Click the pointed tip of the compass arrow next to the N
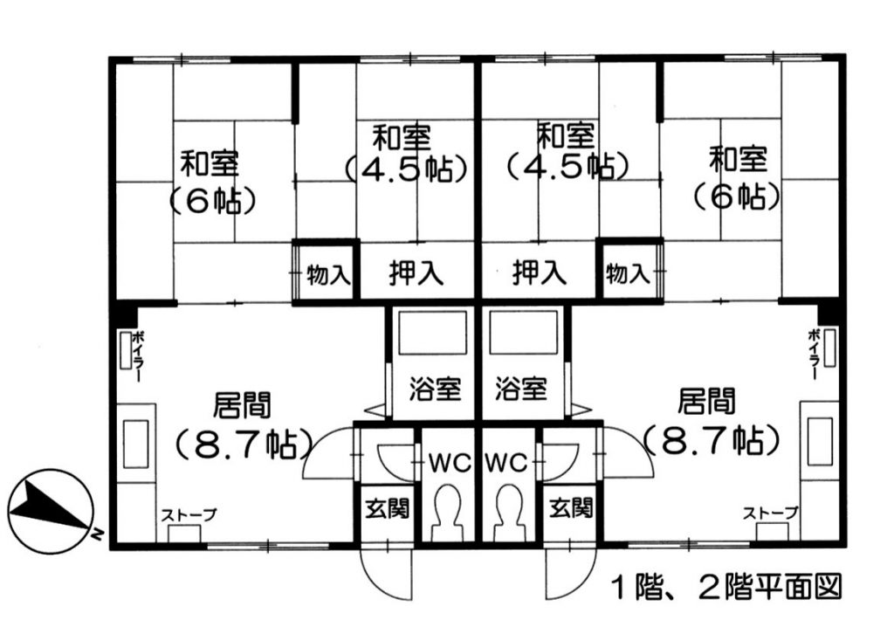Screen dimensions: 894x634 (88, 526)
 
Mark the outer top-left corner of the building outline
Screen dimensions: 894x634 (109, 57)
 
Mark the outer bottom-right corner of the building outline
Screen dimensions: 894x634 (846, 549)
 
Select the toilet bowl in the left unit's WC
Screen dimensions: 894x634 (448, 513)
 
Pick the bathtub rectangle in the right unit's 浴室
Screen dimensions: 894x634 (522, 333)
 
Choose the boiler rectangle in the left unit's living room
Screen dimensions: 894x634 (124, 349)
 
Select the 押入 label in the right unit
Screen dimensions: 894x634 (540, 272)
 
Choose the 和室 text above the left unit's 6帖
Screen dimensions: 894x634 (210, 163)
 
